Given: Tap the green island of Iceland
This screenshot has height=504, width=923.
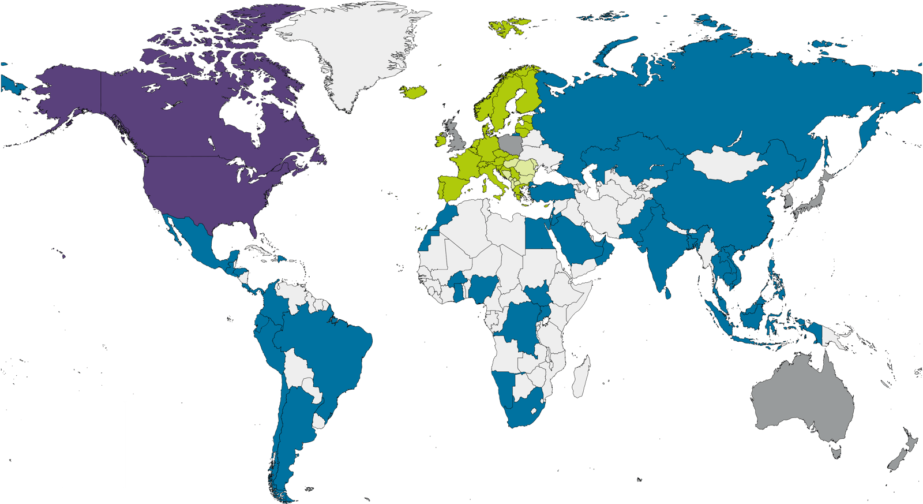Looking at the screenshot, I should click(413, 92).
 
